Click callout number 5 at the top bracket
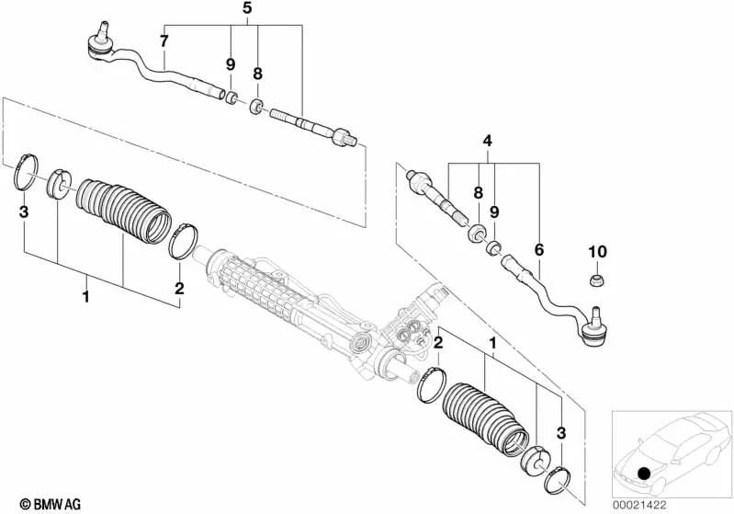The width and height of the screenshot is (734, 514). click(246, 8)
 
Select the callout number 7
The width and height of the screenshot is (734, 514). click(164, 40)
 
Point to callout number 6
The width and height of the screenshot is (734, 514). click(539, 249)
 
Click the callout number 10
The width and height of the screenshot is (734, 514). click(597, 252)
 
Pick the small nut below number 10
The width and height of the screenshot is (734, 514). click(597, 277)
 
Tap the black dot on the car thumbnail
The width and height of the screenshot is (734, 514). click(644, 474)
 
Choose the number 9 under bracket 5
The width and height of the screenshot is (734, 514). click(231, 65)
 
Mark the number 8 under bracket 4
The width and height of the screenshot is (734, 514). click(478, 193)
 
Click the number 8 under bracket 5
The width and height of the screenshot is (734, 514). click(258, 73)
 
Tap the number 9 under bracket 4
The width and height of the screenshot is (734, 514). click(494, 212)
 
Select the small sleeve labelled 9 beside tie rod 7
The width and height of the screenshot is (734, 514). click(233, 97)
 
